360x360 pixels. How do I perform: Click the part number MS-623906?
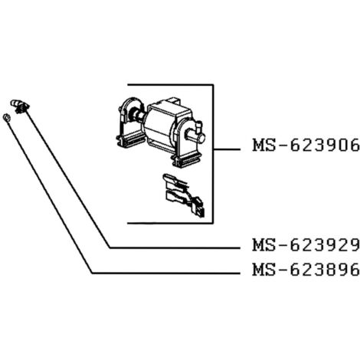coord(306,146)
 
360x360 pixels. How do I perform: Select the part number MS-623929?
coord(306,245)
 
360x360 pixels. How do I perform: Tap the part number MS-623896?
coord(306,270)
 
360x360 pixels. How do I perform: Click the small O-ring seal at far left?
coord(7,118)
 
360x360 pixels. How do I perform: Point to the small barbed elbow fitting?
coord(20,106)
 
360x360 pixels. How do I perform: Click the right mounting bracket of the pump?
coord(185,138)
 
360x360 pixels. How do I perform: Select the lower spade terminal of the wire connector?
coord(176,197)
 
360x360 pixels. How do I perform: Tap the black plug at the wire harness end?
coord(199,208)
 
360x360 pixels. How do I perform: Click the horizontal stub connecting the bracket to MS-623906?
coord(227,149)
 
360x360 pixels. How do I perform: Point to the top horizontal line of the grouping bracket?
coord(170,84)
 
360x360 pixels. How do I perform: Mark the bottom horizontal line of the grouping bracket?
coord(170,223)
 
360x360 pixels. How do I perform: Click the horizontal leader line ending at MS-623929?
coord(175,247)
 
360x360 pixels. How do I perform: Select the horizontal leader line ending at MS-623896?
coord(166,273)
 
